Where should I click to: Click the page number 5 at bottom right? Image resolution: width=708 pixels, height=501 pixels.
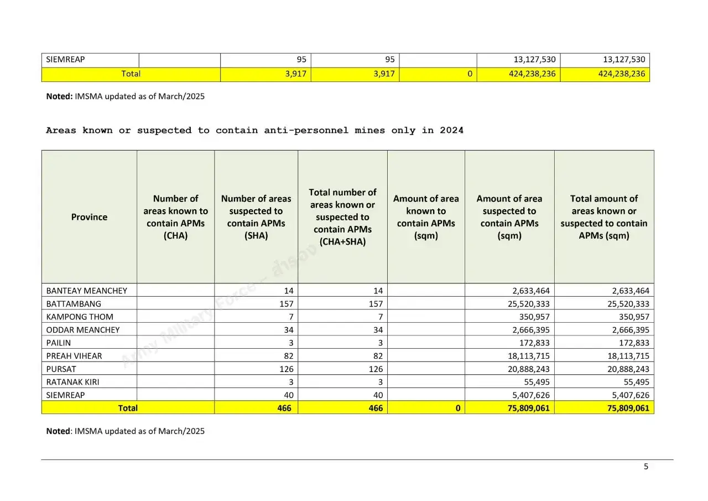645,467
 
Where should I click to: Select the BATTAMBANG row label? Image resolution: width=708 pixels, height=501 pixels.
74,304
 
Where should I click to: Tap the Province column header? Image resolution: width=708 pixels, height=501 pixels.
89,217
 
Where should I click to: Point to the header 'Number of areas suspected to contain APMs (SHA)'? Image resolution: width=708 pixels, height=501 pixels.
256,217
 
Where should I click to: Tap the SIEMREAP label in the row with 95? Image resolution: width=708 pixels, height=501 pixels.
65,60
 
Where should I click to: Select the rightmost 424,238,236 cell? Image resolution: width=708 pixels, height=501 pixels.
621,74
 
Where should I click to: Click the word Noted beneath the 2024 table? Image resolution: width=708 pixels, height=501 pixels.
58,431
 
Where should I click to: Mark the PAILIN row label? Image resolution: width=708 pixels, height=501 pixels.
59,343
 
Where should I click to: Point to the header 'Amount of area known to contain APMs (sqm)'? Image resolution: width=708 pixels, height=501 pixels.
426,217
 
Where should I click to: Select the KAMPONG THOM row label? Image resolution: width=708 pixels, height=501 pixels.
80,317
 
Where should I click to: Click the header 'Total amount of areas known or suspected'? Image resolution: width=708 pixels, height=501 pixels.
603,217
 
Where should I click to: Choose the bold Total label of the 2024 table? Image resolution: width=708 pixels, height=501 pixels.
128,408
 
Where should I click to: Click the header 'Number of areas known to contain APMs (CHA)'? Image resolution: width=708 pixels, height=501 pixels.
175,217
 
